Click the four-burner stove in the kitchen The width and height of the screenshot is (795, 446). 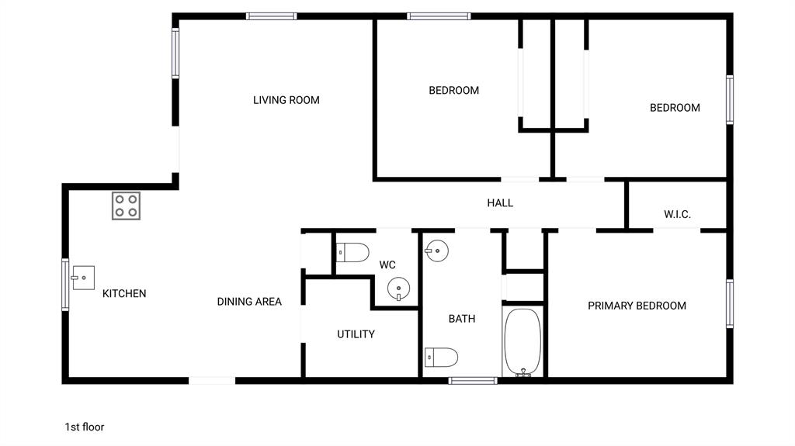(126, 206)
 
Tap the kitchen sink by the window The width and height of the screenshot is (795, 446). (83, 277)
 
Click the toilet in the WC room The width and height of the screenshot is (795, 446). (352, 253)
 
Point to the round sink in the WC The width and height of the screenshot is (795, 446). (398, 289)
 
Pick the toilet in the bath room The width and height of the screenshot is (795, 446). (441, 357)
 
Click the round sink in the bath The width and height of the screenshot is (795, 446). (436, 250)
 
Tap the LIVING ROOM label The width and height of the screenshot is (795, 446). (286, 100)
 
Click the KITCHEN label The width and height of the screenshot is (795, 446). (124, 293)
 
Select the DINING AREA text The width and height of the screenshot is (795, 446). (249, 302)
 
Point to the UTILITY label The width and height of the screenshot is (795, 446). (356, 334)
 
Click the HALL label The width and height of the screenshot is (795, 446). (500, 203)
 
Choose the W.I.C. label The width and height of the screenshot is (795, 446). (677, 214)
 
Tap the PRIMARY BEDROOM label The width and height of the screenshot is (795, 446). (637, 306)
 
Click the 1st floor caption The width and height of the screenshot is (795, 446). (84, 427)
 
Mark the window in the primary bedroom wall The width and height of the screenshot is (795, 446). (730, 303)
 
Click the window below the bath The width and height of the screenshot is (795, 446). (473, 380)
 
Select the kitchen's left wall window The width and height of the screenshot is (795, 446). (65, 285)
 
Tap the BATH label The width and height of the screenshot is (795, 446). (462, 319)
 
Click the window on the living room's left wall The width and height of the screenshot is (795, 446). (175, 53)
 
